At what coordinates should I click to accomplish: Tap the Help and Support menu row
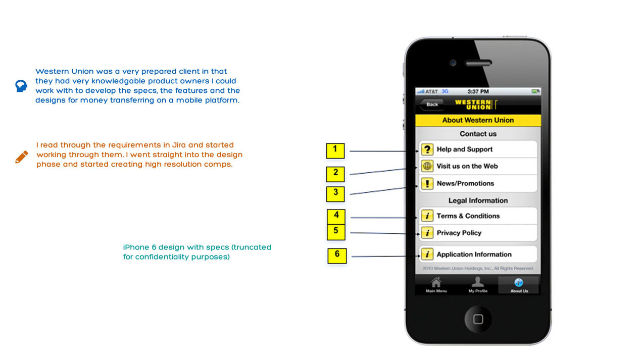point(477,149)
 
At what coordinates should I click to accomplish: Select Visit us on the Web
point(477,166)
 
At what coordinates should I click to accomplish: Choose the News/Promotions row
point(477,183)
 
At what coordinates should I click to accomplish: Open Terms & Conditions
point(477,216)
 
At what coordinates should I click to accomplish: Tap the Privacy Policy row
point(477,233)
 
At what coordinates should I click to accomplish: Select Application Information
point(477,254)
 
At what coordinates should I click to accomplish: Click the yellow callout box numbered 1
point(335,150)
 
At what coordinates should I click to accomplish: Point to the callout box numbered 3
point(335,193)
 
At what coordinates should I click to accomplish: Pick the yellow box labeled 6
point(337,255)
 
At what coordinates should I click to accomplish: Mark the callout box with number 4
point(336,216)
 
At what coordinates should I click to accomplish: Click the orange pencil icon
point(21,157)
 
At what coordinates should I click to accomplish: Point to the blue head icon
point(21,86)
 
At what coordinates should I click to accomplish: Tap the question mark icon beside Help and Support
point(427,149)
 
